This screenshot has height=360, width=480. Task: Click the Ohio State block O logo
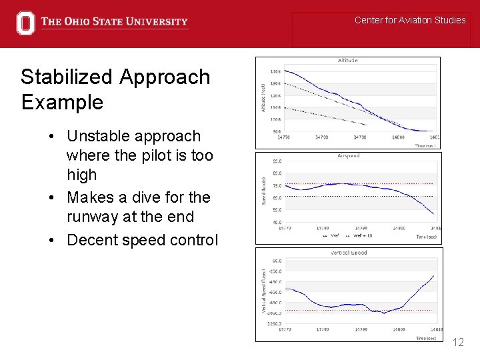click(25, 23)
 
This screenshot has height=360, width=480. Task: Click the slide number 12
click(458, 343)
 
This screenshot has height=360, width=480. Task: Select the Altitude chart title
click(347, 61)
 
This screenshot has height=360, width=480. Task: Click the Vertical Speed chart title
click(349, 253)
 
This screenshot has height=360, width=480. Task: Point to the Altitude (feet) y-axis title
click(263, 97)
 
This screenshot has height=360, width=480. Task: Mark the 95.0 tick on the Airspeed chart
click(276, 161)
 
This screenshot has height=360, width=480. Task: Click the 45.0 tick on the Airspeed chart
click(276, 222)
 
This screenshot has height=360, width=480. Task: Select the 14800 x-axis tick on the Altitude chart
click(399, 137)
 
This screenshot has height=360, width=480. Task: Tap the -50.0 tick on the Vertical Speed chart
click(275, 261)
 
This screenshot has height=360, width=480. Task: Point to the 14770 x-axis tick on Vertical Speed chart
click(285, 329)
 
